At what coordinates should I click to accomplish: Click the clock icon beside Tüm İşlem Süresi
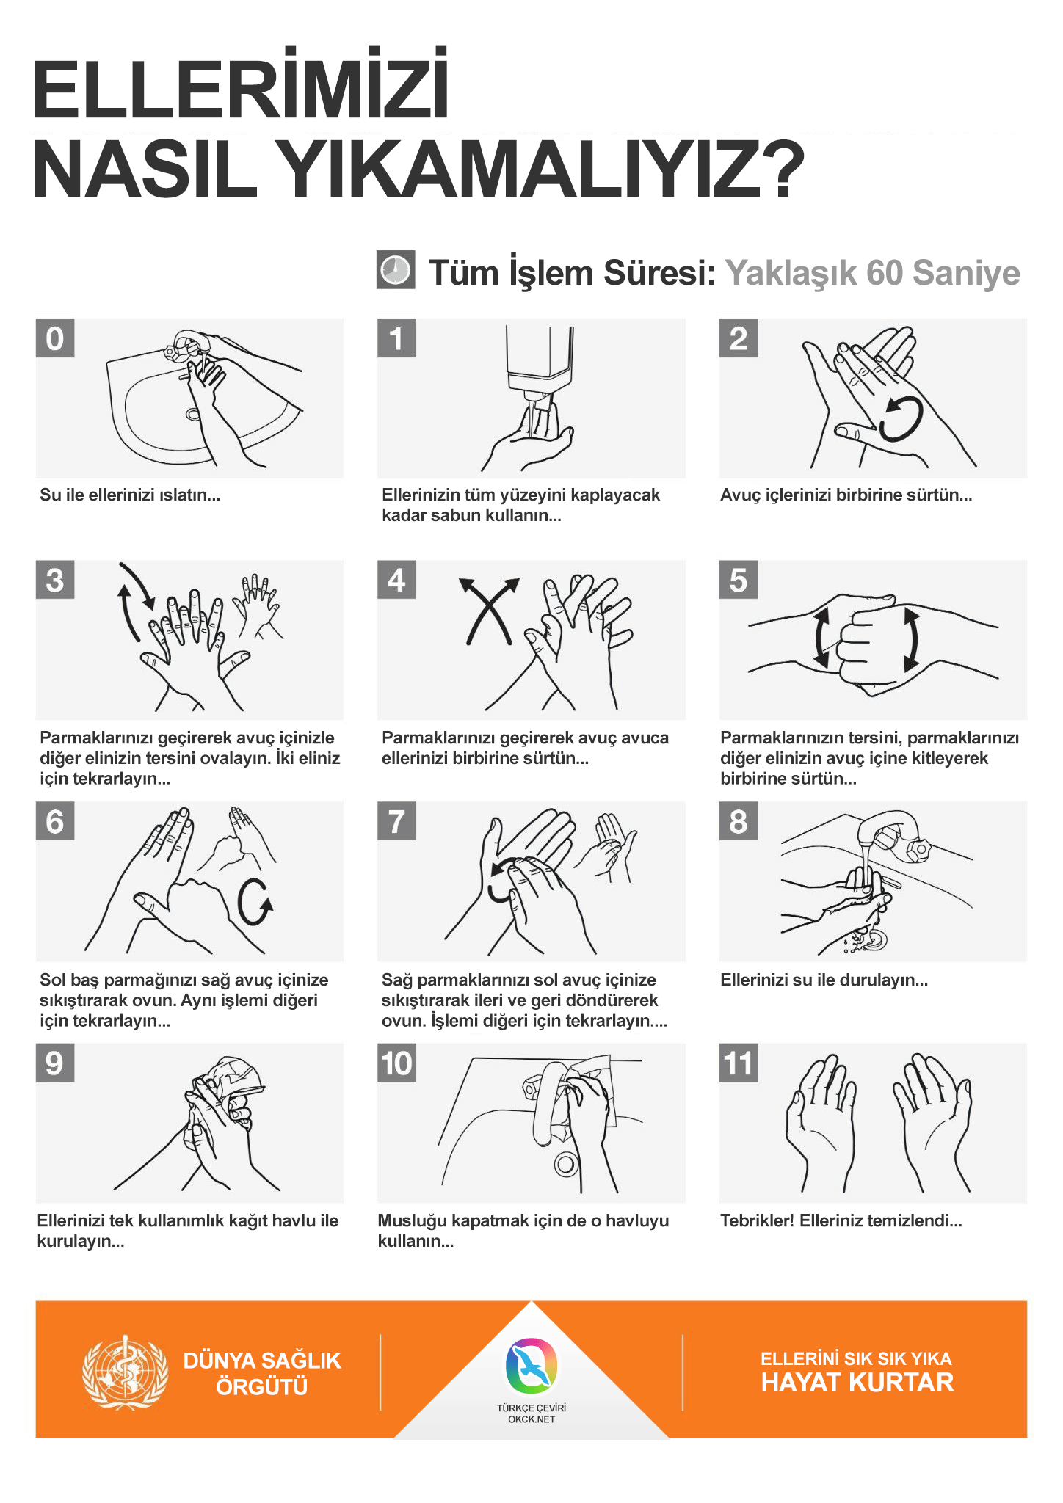click(x=396, y=270)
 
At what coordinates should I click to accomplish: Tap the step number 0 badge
click(x=55, y=338)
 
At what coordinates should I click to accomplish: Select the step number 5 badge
click(x=739, y=580)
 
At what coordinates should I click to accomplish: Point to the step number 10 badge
click(x=397, y=1063)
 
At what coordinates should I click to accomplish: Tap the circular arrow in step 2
click(x=901, y=418)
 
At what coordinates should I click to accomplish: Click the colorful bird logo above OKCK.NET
click(x=531, y=1366)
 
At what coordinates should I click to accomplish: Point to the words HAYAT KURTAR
click(x=857, y=1383)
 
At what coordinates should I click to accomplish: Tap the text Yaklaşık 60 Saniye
click(x=873, y=273)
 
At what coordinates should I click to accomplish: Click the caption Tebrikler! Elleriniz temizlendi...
click(x=841, y=1221)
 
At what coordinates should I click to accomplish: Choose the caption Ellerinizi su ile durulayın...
click(x=824, y=980)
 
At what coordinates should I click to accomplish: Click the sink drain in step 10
click(x=566, y=1164)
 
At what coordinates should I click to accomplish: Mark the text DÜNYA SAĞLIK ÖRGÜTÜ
click(x=262, y=1374)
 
